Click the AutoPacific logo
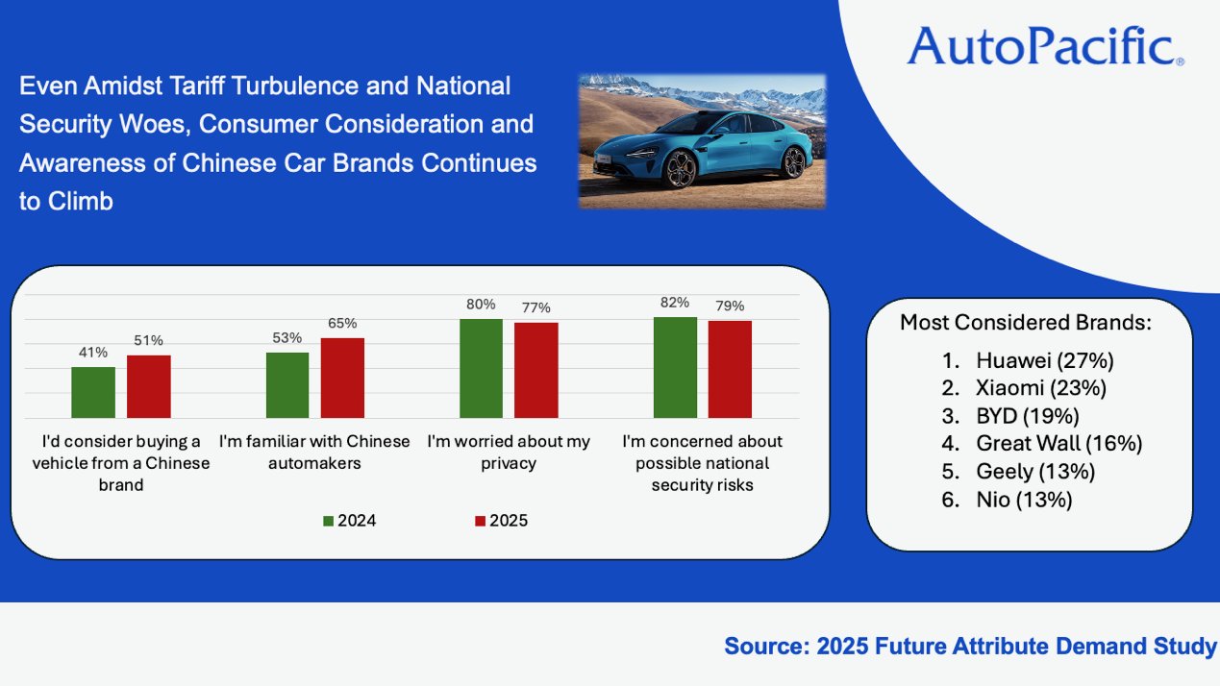click(x=1045, y=45)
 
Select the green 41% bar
click(x=93, y=392)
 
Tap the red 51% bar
click(x=148, y=386)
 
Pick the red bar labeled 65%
click(x=342, y=378)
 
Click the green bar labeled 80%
click(x=481, y=368)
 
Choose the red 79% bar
click(x=730, y=369)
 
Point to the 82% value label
click(x=675, y=303)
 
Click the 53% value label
click(x=287, y=337)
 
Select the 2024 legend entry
click(x=350, y=521)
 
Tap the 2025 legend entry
click(x=501, y=521)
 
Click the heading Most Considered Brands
click(x=1025, y=323)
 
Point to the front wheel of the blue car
click(x=681, y=170)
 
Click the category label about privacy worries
click(x=510, y=453)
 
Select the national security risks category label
click(x=702, y=463)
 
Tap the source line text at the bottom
click(x=969, y=647)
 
